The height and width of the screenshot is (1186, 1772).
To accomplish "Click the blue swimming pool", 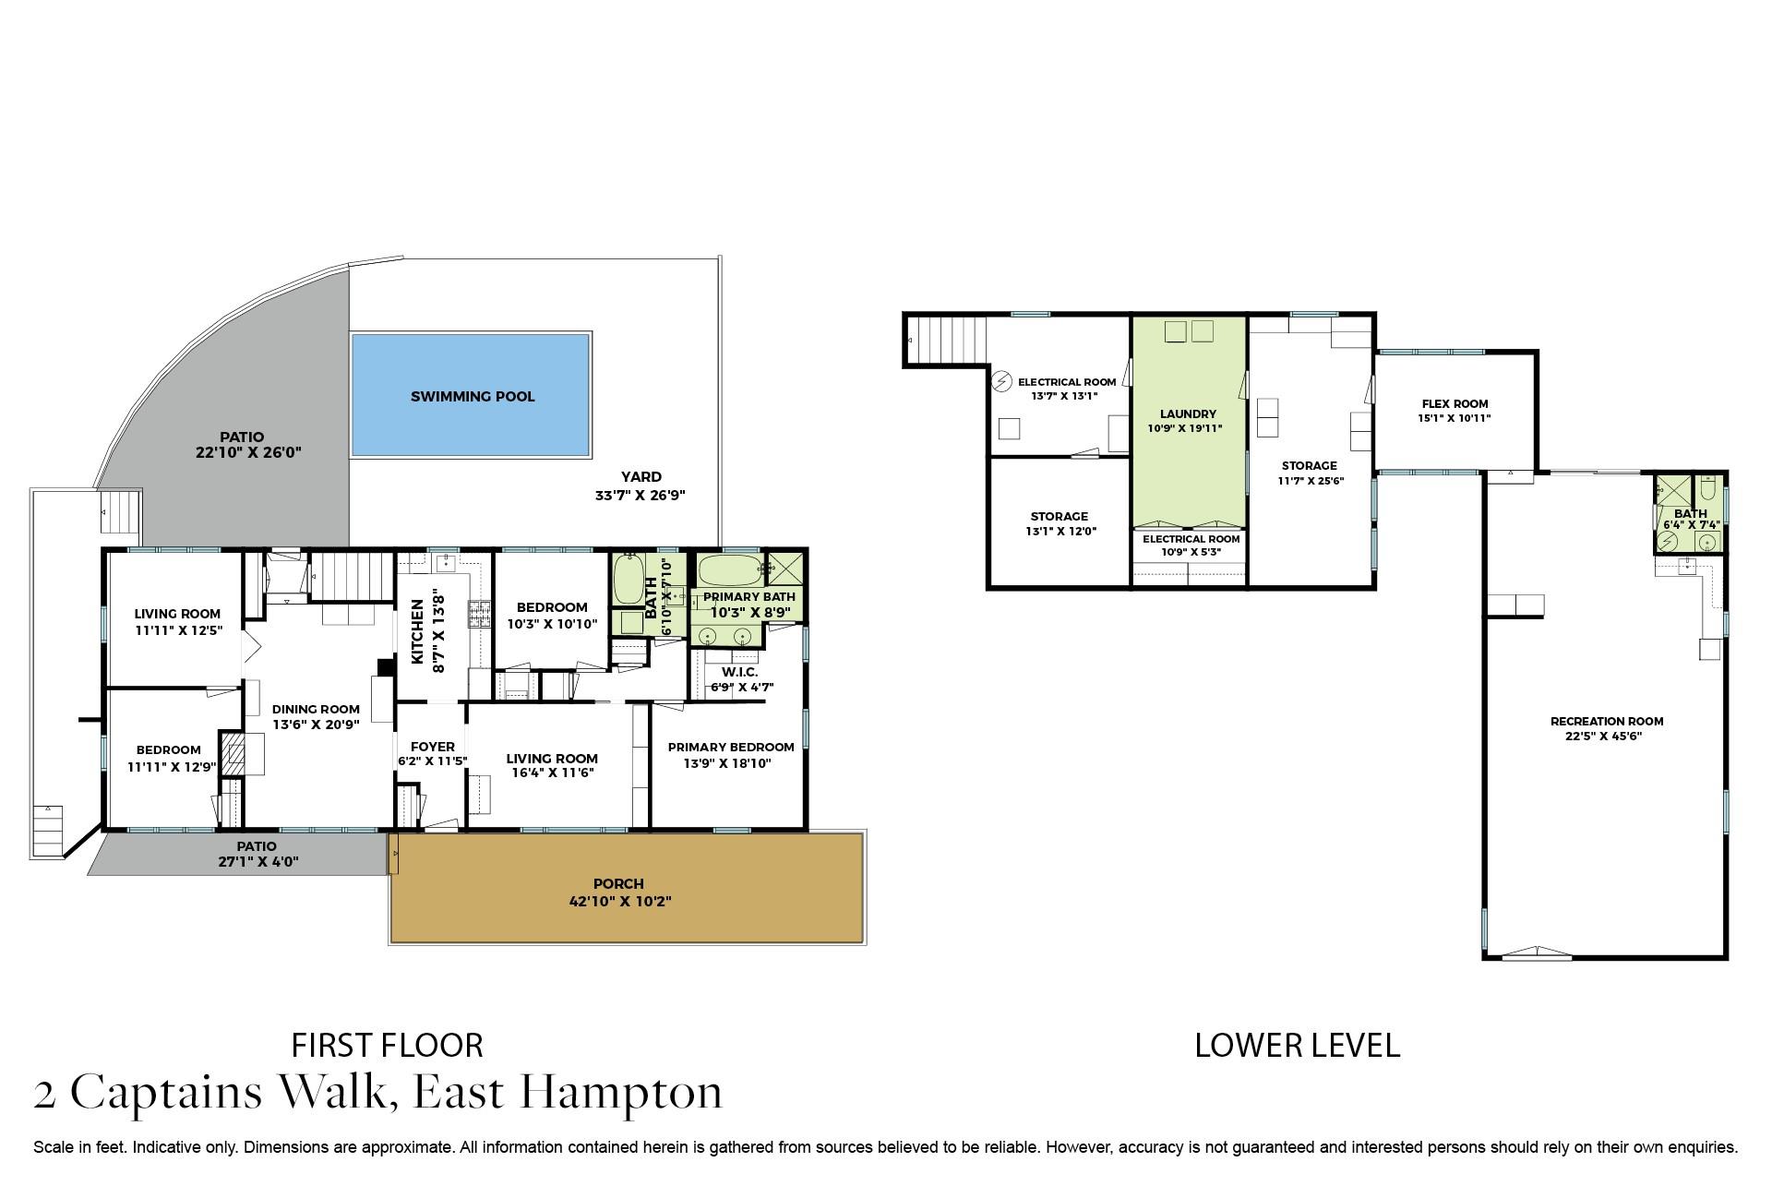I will click(471, 395).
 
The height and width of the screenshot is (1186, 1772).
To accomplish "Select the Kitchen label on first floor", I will click(417, 631).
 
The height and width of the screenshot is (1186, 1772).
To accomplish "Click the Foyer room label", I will click(432, 747).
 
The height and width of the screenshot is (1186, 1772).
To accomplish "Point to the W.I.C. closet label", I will click(740, 672).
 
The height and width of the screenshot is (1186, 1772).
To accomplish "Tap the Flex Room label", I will click(1455, 403).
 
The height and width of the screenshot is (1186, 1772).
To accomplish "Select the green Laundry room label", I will click(1188, 414).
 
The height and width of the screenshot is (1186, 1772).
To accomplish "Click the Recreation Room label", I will click(1607, 722).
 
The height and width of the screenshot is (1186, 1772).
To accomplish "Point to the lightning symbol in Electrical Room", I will click(1001, 381).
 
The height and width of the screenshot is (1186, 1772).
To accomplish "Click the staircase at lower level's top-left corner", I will click(947, 340).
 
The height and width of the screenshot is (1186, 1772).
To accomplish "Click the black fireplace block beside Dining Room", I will click(386, 667).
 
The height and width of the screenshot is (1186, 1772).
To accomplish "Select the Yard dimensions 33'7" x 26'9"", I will click(640, 495).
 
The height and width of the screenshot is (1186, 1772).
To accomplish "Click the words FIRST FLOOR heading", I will click(387, 1045).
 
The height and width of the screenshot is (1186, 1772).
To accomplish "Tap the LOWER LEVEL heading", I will click(1297, 1045).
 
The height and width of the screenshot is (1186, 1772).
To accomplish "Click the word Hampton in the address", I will click(621, 1093).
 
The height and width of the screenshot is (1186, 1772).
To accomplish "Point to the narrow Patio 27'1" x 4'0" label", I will click(256, 854).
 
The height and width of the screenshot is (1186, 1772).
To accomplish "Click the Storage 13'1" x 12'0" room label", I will click(1059, 523).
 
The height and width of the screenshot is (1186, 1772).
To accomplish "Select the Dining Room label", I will click(316, 710).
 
